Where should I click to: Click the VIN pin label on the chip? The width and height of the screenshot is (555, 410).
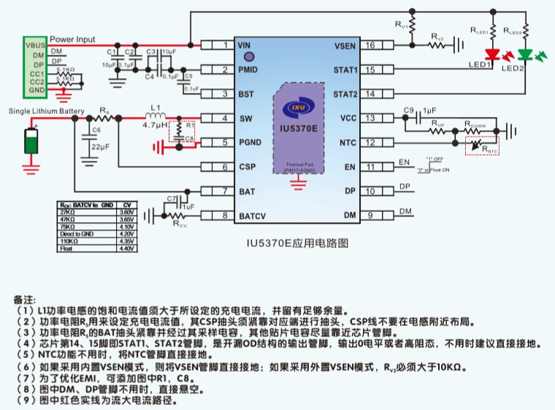coord(244,45)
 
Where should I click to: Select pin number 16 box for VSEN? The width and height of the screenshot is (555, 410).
coord(370,45)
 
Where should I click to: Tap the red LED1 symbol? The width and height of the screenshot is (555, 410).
coord(494,55)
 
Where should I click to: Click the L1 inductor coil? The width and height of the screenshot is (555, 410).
coord(155,117)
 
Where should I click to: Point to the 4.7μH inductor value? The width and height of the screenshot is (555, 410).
coord(155,126)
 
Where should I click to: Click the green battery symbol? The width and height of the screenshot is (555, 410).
coord(31,141)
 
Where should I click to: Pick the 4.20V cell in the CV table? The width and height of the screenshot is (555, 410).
coord(126,234)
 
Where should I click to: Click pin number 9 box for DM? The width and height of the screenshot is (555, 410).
coord(370,215)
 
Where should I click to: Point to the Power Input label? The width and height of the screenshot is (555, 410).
coord(72,39)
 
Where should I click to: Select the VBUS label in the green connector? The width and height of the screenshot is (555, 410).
coord(35,45)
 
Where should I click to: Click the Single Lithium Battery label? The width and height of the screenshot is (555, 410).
coord(42,111)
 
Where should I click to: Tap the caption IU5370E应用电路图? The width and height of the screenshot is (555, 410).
coord(296,240)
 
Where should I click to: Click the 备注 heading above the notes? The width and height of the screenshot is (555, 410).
coord(24,300)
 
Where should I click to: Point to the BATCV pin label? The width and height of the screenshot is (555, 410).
coord(251,216)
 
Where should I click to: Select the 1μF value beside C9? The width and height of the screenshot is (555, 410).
coord(429,110)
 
